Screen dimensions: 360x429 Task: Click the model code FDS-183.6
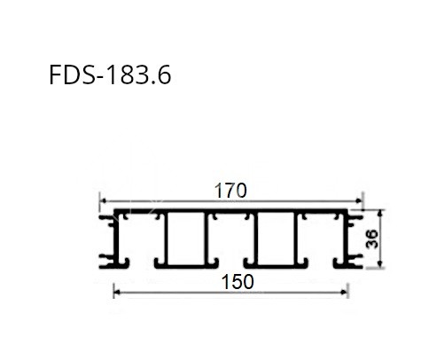111,75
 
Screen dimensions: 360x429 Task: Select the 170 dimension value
230,190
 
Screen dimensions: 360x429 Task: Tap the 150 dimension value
238,281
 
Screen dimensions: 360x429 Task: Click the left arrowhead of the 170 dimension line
101,200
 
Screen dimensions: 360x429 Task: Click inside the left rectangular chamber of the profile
185,239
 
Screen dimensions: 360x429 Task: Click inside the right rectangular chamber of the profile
277,239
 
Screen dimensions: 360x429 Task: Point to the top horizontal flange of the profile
230,213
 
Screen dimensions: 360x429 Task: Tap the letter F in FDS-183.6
57,75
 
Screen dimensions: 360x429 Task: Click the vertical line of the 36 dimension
381,239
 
